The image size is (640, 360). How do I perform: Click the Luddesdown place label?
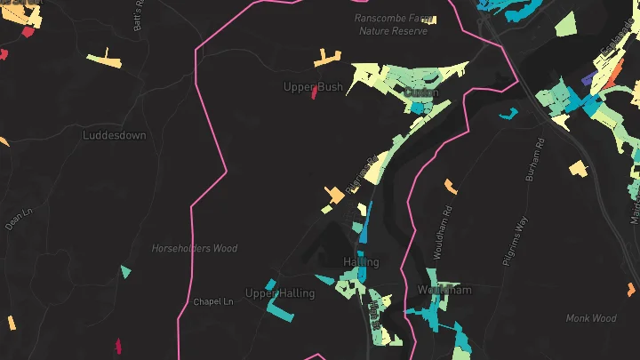114,136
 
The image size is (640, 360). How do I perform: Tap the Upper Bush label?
313,87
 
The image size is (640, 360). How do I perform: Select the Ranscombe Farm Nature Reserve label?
392,24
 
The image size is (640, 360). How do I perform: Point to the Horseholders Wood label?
194,249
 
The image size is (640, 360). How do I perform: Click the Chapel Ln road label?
212,302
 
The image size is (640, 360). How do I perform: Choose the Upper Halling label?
279,293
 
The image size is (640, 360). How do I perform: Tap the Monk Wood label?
591,318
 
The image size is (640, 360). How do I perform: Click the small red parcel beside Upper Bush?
315,93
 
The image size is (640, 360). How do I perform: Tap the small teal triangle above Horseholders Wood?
125,271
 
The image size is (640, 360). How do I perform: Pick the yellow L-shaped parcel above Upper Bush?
326,59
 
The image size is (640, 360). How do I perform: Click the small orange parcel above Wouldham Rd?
451,186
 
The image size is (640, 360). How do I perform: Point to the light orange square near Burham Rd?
579,168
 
